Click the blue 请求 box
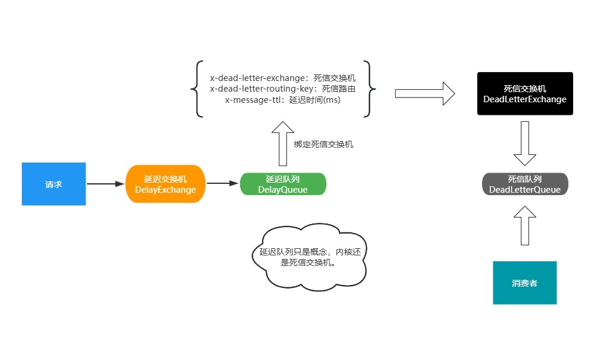54,184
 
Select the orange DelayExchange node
165,184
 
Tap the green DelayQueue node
283,184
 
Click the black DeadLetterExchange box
525,94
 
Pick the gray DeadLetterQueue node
525,184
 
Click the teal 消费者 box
525,283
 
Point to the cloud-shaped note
308,257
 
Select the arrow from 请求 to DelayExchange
105,184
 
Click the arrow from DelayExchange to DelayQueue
222,184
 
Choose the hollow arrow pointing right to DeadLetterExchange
424,93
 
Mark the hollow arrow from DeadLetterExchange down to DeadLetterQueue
525,144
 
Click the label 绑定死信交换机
324,144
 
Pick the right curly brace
370,89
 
